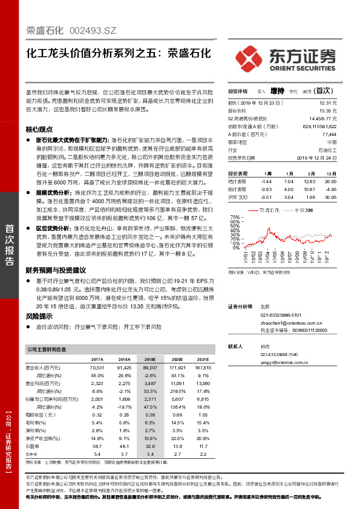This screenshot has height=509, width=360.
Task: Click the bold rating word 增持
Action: (x=277, y=91)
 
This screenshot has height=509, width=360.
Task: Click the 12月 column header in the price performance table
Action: (x=330, y=173)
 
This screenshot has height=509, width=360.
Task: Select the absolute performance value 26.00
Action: (x=330, y=181)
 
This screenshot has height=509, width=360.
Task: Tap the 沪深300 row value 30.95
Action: (x=330, y=197)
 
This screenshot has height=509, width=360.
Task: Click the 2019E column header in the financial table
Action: (x=149, y=358)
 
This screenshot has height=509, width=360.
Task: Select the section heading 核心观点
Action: (x=39, y=130)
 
